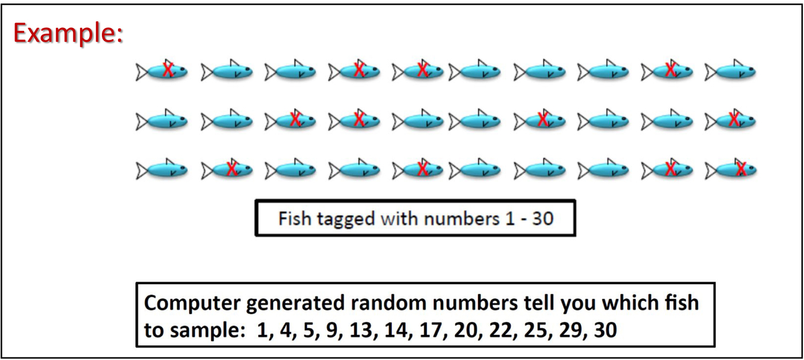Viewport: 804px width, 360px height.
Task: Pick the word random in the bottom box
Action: click(394, 302)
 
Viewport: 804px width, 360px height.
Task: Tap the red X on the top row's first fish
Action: click(168, 70)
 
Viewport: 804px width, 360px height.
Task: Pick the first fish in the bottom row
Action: click(161, 171)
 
